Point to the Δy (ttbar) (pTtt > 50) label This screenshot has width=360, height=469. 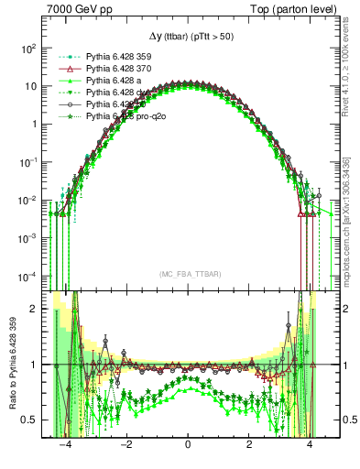click(188, 37)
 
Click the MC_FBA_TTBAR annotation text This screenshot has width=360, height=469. click(188, 273)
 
